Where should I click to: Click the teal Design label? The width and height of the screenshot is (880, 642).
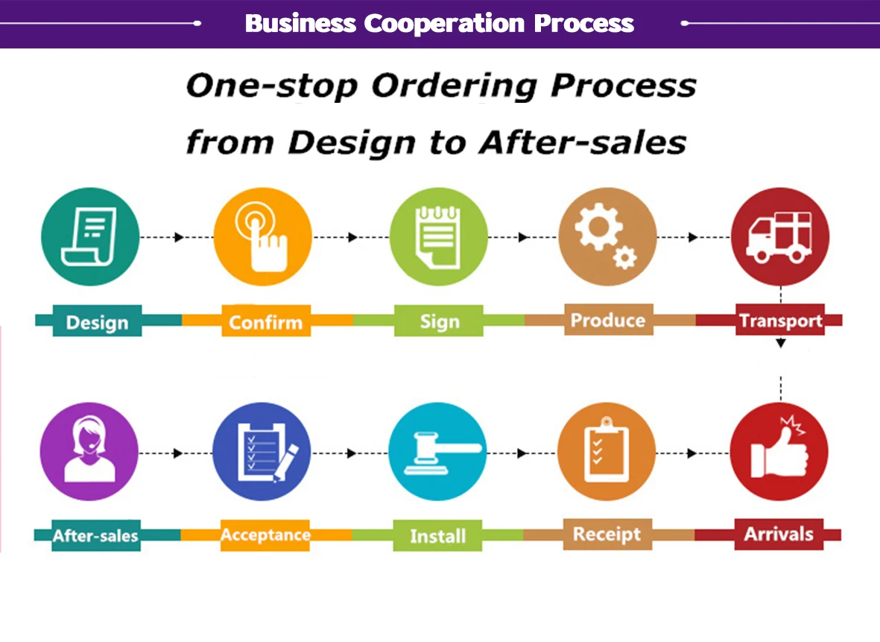pyautogui.click(x=97, y=323)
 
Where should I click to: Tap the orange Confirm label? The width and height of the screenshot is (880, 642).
pyautogui.click(x=265, y=323)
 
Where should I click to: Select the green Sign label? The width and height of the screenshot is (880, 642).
pyautogui.click(x=439, y=322)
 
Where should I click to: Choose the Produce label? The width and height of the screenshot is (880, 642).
pyautogui.click(x=608, y=321)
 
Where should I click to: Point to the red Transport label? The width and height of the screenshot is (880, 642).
pyautogui.click(x=780, y=321)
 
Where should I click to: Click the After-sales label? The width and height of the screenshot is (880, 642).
pyautogui.click(x=95, y=535)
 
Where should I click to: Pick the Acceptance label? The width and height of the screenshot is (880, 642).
pyautogui.click(x=265, y=535)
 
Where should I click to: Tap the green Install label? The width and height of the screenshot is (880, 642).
pyautogui.click(x=438, y=536)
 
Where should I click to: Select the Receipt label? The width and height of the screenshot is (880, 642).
pyautogui.click(x=607, y=534)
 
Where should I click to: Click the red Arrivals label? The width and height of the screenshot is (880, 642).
pyautogui.click(x=779, y=534)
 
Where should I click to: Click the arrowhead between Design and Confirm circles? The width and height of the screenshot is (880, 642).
pyautogui.click(x=179, y=237)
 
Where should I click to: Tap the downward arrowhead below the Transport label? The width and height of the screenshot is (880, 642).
pyautogui.click(x=780, y=343)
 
